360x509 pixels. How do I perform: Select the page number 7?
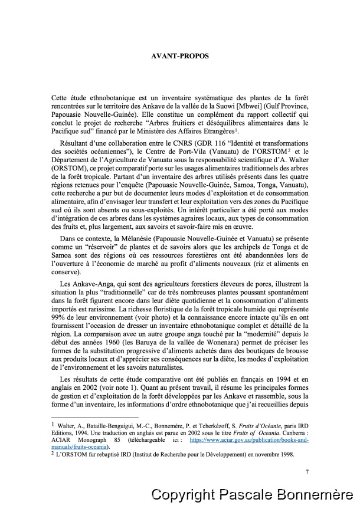pyautogui.click(x=307, y=471)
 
